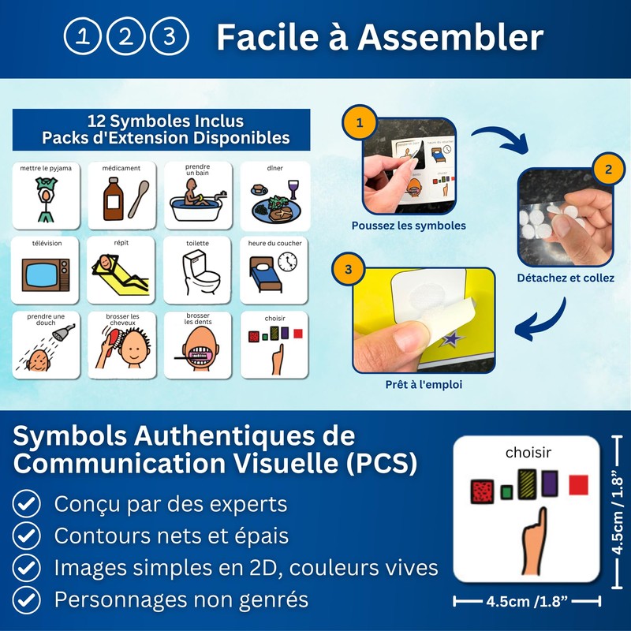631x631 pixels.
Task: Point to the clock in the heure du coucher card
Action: click(x=289, y=260)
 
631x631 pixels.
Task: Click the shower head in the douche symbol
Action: click(x=65, y=330)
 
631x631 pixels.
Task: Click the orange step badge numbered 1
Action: click(x=359, y=123)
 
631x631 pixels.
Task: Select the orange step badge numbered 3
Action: click(x=349, y=269)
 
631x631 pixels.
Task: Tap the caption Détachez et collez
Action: click(x=565, y=278)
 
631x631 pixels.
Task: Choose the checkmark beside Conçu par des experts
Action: click(x=29, y=503)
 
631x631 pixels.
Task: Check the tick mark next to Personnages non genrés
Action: click(x=29, y=599)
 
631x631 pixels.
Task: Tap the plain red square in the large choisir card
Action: click(x=579, y=485)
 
